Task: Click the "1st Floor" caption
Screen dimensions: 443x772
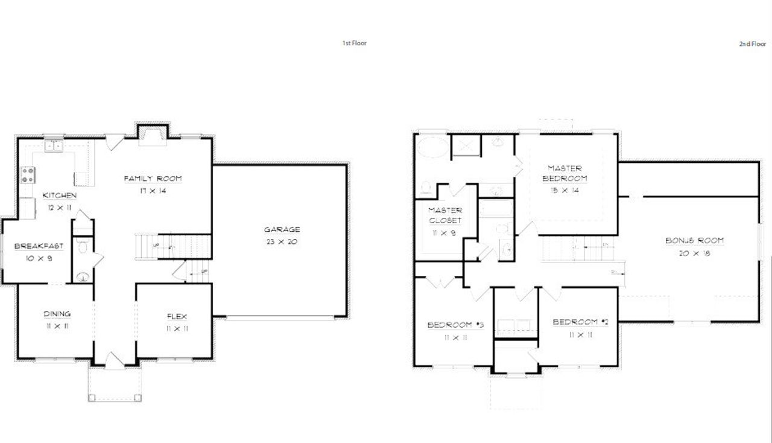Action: click(354, 43)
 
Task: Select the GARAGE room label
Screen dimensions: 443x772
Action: click(282, 229)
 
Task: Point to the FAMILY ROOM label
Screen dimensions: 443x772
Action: click(153, 179)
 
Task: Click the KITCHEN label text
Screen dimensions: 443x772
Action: click(59, 196)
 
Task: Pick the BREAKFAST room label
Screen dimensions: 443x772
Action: click(39, 246)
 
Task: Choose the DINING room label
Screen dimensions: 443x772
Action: click(57, 314)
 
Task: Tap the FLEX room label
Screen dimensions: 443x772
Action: click(177, 316)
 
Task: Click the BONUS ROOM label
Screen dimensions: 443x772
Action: click(694, 241)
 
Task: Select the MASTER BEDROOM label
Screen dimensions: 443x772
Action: click(565, 173)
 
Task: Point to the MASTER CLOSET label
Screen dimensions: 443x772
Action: click(445, 215)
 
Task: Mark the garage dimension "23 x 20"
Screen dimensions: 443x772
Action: click(282, 241)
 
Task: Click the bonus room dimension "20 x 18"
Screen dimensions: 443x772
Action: click(694, 253)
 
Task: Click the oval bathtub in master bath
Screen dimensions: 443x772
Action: click(431, 147)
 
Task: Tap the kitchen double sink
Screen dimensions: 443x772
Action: click(54, 145)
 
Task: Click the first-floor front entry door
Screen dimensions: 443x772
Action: click(115, 361)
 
